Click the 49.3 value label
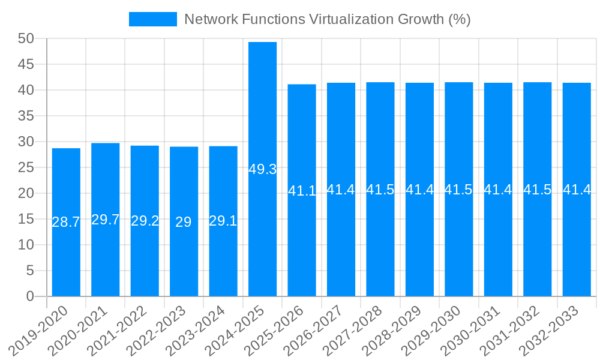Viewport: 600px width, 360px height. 263,169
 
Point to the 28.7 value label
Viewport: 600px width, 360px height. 66,222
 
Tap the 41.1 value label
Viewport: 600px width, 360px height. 302,191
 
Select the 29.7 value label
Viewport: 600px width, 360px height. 106,220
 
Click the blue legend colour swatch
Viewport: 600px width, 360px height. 153,19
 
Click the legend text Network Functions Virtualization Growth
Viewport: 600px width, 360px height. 327,19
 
